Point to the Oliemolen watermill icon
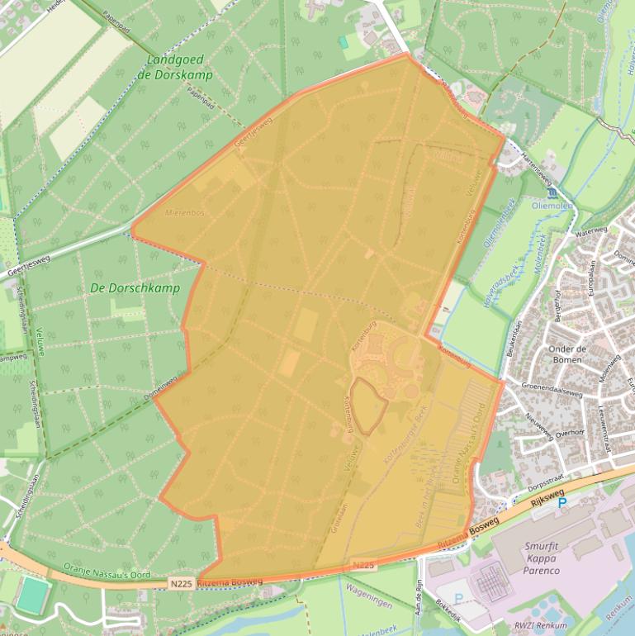coord(552,191)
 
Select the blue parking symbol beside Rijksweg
coord(563,502)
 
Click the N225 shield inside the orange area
coord(363,565)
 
